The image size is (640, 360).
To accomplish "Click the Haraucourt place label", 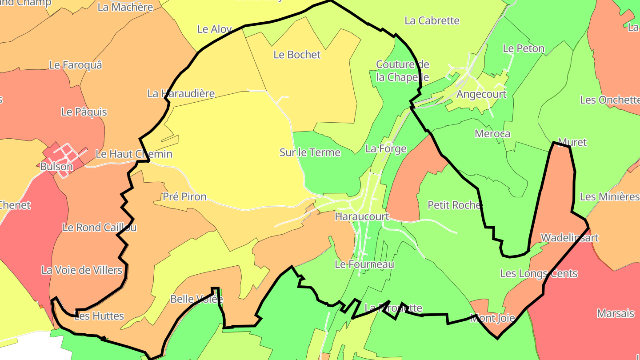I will click(x=362, y=216).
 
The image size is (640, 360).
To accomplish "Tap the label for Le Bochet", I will click(x=297, y=55).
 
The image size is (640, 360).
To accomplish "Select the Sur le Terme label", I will click(x=310, y=152).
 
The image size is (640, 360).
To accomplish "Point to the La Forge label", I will click(x=386, y=148).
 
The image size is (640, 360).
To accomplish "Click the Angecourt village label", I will click(x=481, y=94).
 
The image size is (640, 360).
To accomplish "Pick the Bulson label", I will click(x=56, y=167).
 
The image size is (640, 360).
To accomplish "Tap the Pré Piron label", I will click(x=184, y=196).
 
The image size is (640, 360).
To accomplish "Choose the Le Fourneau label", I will click(x=364, y=264).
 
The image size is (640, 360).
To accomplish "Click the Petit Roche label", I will click(x=454, y=205).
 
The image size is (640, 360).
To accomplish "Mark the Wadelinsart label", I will click(x=569, y=237).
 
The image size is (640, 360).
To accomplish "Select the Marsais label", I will click(x=615, y=313).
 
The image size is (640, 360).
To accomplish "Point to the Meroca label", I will click(x=492, y=134).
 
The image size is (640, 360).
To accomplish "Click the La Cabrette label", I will click(x=432, y=20).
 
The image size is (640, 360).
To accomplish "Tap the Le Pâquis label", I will click(x=84, y=112).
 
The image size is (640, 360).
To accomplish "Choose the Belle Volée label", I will click(x=196, y=299).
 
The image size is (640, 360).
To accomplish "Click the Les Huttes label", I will click(x=99, y=316).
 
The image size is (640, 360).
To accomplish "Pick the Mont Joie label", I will click(x=492, y=318).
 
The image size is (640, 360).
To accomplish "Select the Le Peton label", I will click(x=523, y=48).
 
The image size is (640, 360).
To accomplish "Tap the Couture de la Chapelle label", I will click(x=402, y=71).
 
